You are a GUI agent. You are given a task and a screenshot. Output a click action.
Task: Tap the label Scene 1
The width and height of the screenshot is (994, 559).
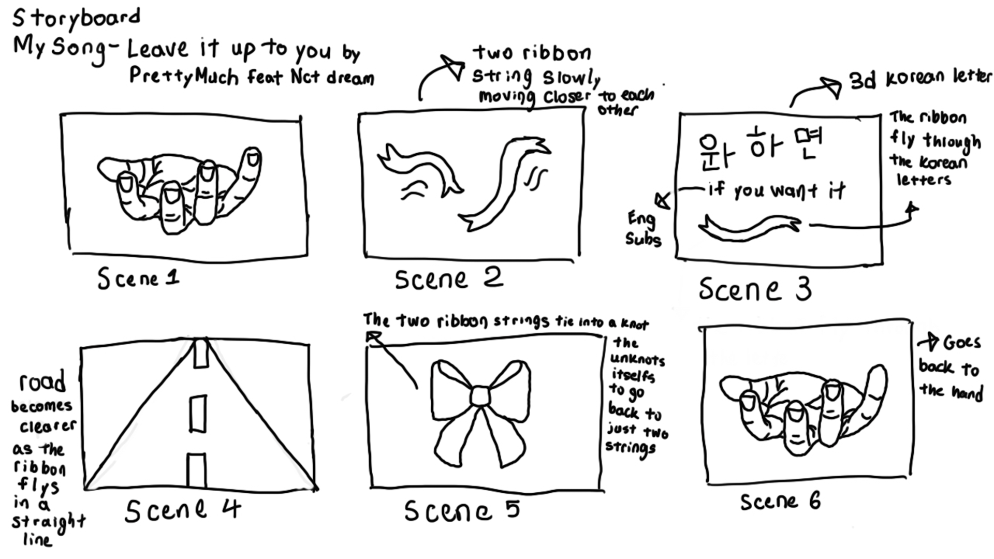click(x=138, y=278)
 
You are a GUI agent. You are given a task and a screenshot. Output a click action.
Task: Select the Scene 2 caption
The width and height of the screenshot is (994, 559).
click(x=449, y=278)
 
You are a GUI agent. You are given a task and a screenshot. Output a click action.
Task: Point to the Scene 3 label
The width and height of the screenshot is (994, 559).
click(x=755, y=289)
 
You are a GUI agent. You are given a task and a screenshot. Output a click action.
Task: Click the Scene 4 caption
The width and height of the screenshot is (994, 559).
click(x=183, y=510)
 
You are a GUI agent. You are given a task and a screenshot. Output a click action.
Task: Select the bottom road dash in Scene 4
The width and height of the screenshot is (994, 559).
click(x=196, y=470)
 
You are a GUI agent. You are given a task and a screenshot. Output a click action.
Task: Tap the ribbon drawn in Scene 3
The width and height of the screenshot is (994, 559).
click(x=750, y=228)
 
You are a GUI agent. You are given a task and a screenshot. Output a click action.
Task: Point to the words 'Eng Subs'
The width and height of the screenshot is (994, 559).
click(x=643, y=229)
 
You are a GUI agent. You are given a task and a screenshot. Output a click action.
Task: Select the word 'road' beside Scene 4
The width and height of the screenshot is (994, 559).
click(x=42, y=381)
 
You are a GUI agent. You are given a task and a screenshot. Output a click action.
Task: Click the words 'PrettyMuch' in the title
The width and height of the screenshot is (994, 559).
click(x=184, y=76)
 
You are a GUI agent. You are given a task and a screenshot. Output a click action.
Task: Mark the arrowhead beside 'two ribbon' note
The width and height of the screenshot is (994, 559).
click(x=451, y=67)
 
